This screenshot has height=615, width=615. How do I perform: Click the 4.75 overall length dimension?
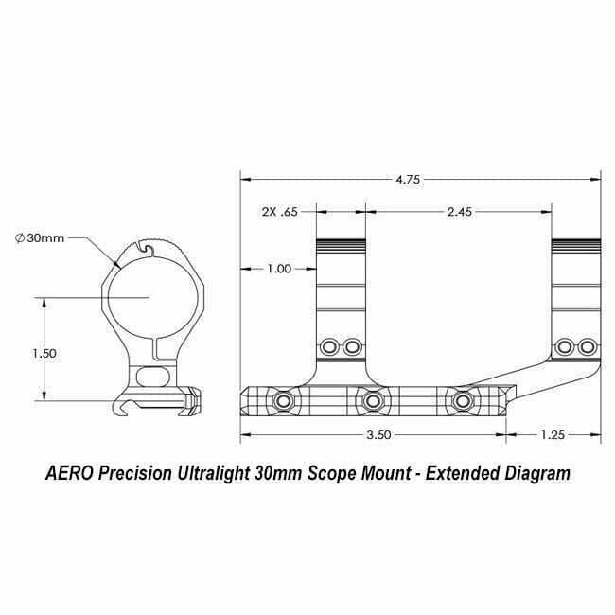409,178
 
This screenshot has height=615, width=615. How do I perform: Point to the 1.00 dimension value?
279,269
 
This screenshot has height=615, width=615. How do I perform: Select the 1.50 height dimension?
44,353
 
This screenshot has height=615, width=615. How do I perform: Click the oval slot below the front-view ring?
150,377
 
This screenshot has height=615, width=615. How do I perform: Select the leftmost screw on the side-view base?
282,403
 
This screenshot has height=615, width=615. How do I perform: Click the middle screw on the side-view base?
372,403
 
